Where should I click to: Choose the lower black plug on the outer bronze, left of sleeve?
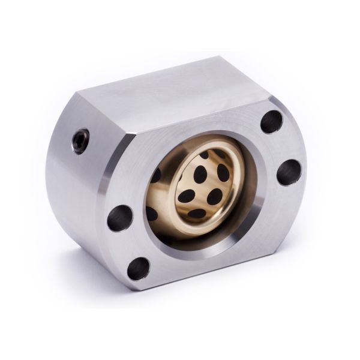[x=154, y=214]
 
